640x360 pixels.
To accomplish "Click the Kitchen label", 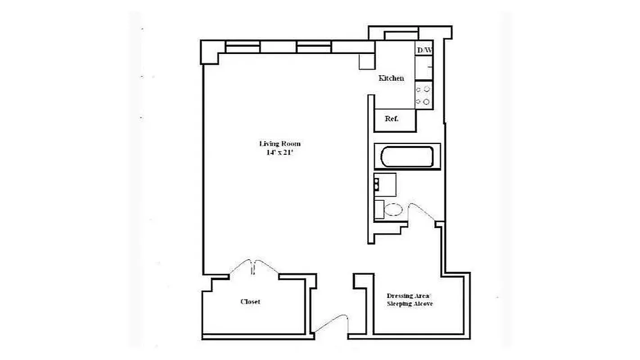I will (x=391, y=78).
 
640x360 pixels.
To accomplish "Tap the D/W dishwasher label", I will (x=424, y=50).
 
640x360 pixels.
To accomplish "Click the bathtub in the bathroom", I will (x=407, y=157).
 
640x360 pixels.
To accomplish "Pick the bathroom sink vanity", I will (x=385, y=184).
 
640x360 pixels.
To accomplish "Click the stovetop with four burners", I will (x=424, y=96).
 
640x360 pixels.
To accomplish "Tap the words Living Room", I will (x=279, y=144).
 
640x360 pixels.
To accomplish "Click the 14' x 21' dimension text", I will (x=279, y=153).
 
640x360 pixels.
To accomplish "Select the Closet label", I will (x=250, y=301).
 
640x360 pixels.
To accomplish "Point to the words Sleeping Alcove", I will (x=410, y=304).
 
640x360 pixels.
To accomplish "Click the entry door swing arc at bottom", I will (x=332, y=323).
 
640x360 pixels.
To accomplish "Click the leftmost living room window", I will (x=243, y=47).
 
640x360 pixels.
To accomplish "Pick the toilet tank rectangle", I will (x=379, y=209).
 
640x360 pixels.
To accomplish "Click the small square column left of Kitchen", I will (x=366, y=62).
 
